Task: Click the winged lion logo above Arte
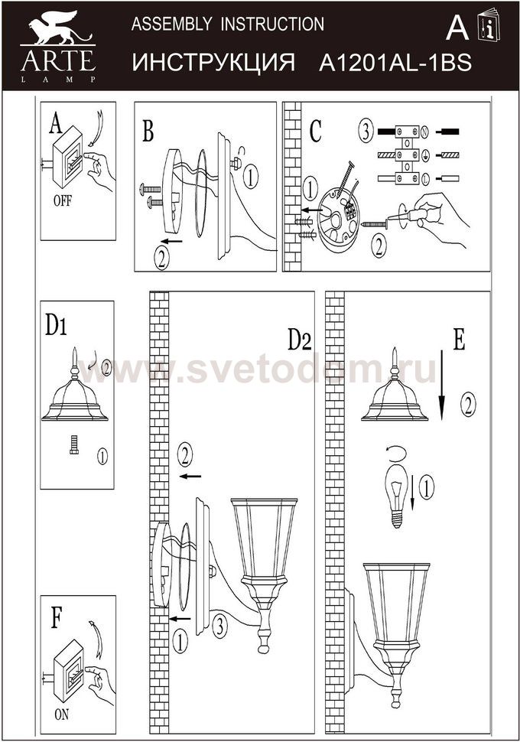point(59,28)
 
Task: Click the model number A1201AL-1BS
point(395,63)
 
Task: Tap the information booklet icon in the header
point(489,24)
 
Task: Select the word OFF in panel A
point(63,200)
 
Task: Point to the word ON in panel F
point(61,714)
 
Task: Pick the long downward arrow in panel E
point(441,385)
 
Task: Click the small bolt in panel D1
point(74,445)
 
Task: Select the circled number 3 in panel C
point(366,132)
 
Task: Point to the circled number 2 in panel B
point(161,259)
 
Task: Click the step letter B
point(148,131)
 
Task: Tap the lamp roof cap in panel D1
point(75,392)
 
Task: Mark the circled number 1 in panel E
point(427,488)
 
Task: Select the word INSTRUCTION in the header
point(272,24)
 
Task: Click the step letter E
point(459,339)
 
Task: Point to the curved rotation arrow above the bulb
point(397,453)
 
